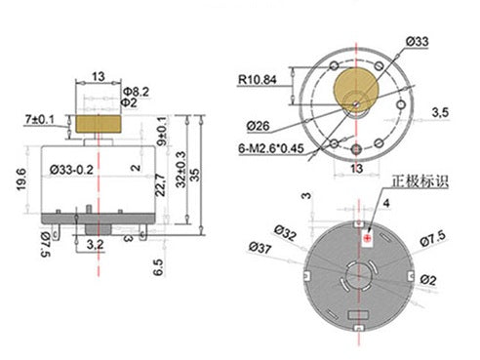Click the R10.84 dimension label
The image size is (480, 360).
(258, 80)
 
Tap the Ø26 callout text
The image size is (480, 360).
(258, 126)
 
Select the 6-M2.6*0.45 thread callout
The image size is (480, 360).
(271, 148)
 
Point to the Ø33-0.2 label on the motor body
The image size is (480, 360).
(71, 170)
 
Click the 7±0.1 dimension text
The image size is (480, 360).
(40, 120)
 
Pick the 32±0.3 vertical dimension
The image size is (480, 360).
(181, 169)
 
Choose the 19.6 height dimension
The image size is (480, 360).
(21, 180)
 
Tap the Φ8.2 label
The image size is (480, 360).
(136, 92)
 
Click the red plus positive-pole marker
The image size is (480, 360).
(368, 238)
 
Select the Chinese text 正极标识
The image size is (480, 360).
(420, 181)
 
